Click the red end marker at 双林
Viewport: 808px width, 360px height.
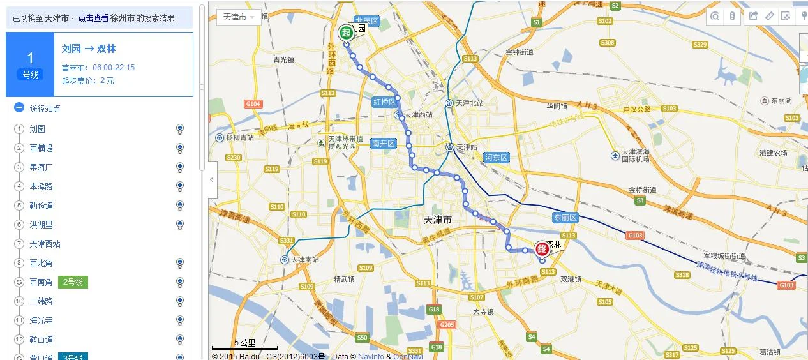tap(542, 249)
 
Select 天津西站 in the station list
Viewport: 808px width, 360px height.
tap(45, 244)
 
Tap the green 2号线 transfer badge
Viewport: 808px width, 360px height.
tap(73, 281)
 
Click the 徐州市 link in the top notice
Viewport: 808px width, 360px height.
tap(121, 19)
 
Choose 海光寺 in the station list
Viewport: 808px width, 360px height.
tap(41, 320)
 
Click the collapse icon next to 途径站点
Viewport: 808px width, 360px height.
tap(19, 109)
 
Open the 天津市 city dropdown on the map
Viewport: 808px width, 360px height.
tap(239, 17)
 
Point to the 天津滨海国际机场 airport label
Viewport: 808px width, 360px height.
tap(636, 155)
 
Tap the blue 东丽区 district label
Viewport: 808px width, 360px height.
tap(565, 218)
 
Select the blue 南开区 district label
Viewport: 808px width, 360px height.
tap(384, 144)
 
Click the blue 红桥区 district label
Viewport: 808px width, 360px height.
tap(385, 102)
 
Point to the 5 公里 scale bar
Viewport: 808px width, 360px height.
tap(245, 345)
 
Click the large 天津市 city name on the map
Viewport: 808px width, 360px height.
tap(438, 220)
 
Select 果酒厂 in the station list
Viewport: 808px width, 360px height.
tap(41, 167)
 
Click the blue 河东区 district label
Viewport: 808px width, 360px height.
tap(496, 157)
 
